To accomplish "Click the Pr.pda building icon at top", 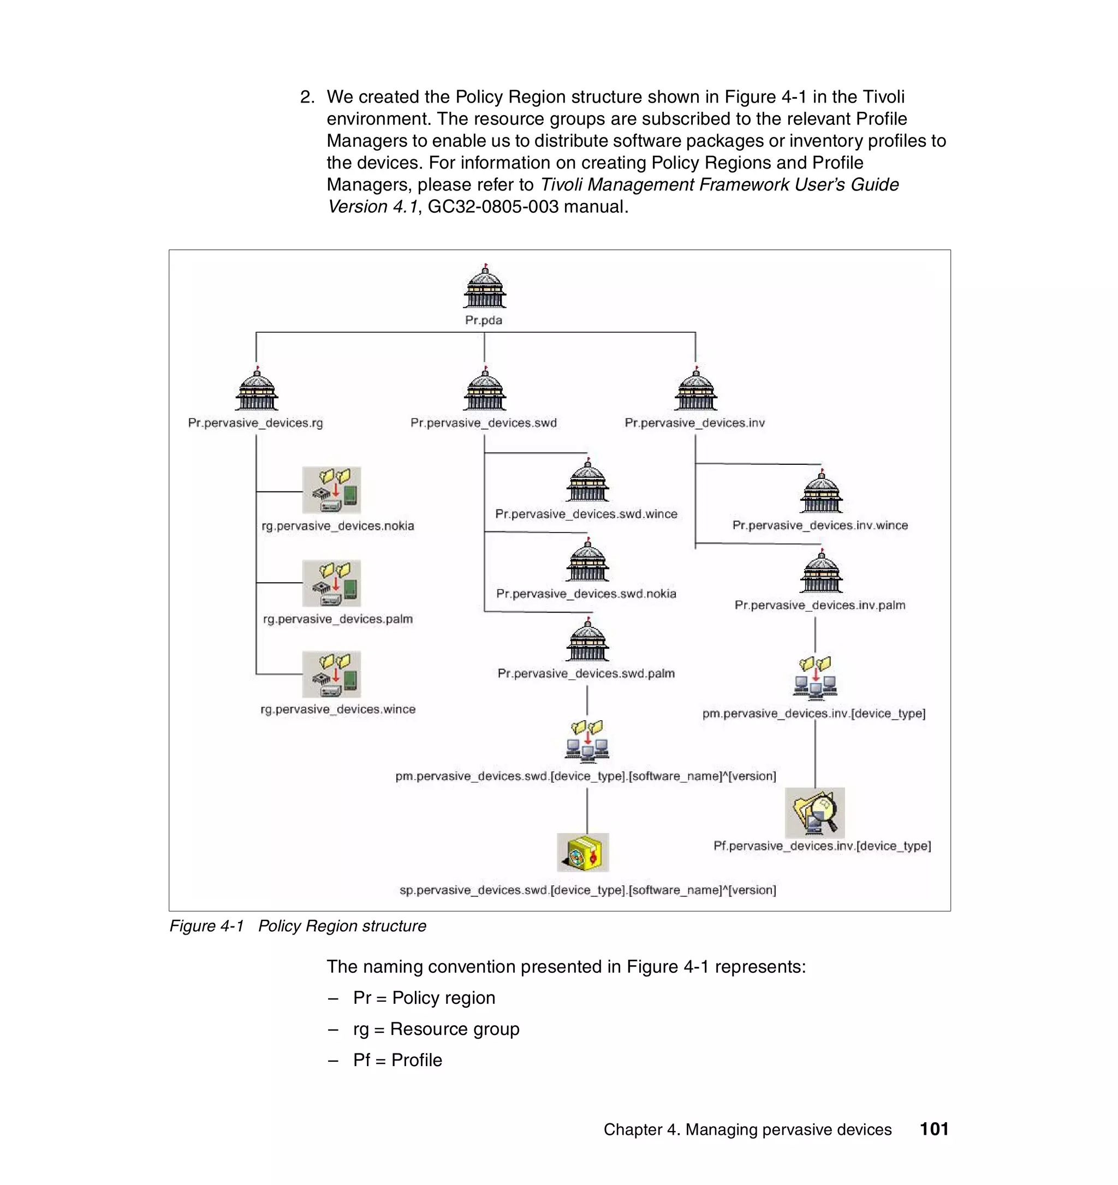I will tap(484, 288).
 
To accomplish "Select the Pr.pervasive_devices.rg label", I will tap(255, 423).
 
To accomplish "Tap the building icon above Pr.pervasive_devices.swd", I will tap(484, 390).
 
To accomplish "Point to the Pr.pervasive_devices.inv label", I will tap(694, 423).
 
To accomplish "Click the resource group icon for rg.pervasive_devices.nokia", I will tap(331, 490).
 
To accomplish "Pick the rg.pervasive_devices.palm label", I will tap(337, 619).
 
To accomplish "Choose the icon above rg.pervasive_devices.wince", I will tap(331, 674).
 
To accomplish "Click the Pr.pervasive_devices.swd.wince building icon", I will tap(587, 482).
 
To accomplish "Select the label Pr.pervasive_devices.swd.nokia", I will tap(586, 594).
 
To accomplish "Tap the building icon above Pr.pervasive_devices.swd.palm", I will tap(587, 641).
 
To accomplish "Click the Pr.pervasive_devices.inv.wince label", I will tap(820, 525).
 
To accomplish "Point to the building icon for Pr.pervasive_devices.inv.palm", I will tap(821, 572).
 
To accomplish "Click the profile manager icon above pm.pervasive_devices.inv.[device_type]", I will tap(815, 678).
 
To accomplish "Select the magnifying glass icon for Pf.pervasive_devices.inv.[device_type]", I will tap(814, 813).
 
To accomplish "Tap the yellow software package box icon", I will tap(582, 852).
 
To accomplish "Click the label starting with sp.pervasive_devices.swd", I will tap(587, 890).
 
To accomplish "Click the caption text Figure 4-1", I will tap(206, 926).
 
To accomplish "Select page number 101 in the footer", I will tap(933, 1129).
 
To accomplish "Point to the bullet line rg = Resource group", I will tap(436, 1029).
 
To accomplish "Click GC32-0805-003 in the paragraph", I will tap(493, 207).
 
